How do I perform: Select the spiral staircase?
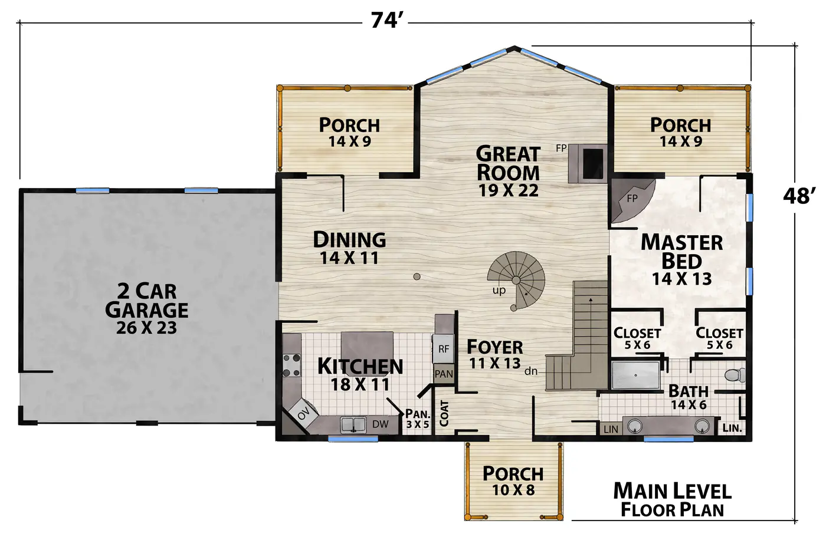coord(516,281)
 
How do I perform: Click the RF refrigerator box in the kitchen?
coord(443,349)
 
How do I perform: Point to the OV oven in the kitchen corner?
coord(303,415)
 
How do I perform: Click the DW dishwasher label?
coord(380,424)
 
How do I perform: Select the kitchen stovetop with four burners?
coord(291,365)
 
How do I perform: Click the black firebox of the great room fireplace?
coord(593,164)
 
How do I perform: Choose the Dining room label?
coord(349,240)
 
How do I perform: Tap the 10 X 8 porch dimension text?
coord(513,490)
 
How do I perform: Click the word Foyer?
coord(495,347)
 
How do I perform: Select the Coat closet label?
coord(444,413)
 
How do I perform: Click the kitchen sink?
coord(353,425)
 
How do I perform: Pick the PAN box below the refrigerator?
coord(444,374)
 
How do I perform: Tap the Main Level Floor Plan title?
coord(672,500)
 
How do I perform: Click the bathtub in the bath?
coord(636,375)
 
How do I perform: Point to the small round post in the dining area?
coord(417,276)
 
